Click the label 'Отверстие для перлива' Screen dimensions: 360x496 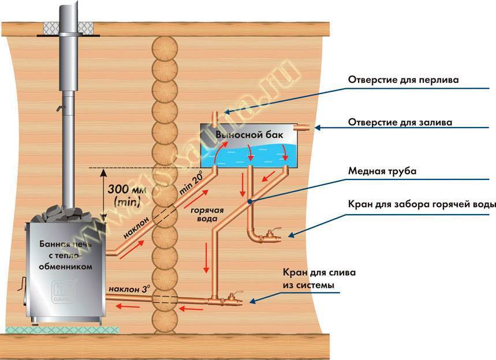pyautogui.click(x=403, y=80)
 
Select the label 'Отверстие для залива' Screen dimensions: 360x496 pyautogui.click(x=400, y=122)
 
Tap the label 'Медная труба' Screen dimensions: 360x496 pyautogui.click(x=382, y=171)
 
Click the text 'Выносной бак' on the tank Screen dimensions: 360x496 pyautogui.click(x=250, y=134)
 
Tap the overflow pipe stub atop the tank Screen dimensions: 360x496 pyautogui.click(x=215, y=118)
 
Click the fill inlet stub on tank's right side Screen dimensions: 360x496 pyautogui.click(x=303, y=127)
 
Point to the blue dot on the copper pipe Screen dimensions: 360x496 pyautogui.click(x=249, y=201)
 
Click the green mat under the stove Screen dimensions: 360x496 pyautogui.click(x=61, y=329)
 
